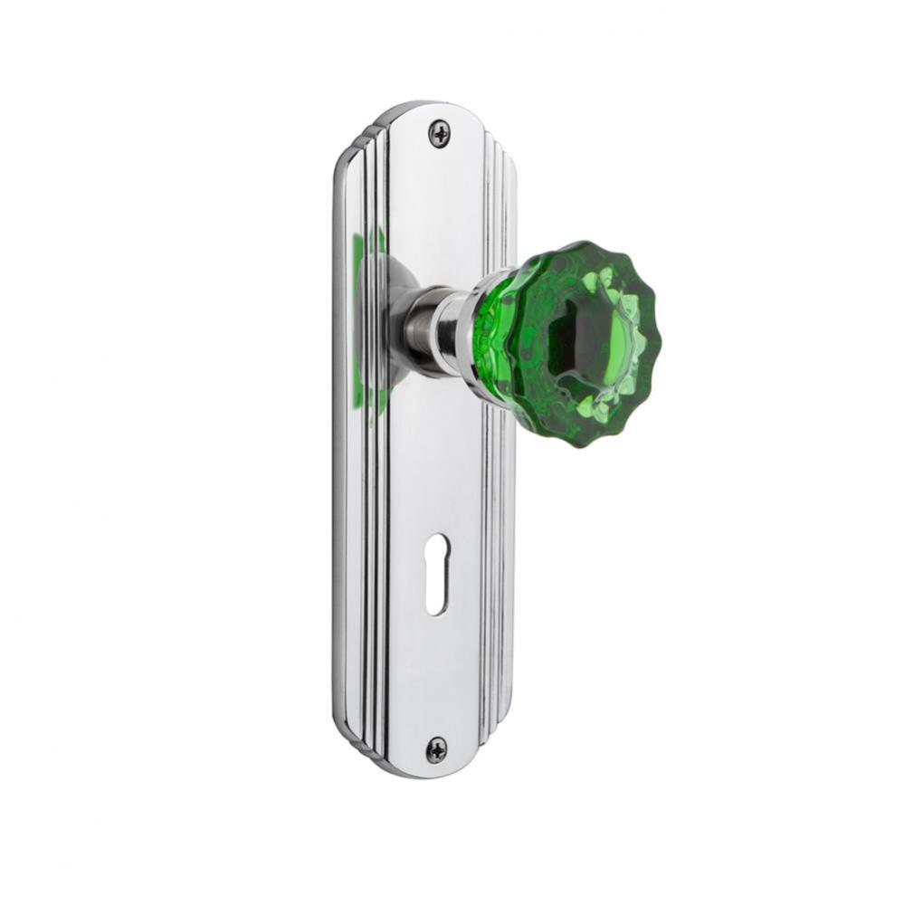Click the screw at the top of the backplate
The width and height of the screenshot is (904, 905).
[x=440, y=135]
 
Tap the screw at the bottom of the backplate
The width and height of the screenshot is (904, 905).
[x=436, y=749]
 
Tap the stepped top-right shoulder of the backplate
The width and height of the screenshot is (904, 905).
[x=503, y=145]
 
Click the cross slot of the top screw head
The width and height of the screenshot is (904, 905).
[x=440, y=135]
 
